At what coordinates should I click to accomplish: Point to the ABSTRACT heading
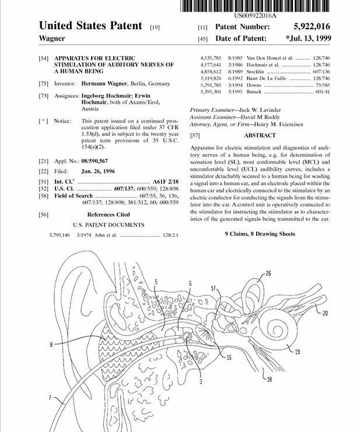pos(261,135)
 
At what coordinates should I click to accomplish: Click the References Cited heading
pos(109,215)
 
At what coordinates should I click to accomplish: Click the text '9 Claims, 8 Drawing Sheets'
pos(260,234)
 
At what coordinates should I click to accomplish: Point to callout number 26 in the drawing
pos(268,273)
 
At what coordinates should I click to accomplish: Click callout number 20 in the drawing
pos(324,313)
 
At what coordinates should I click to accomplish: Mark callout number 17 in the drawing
pos(214,288)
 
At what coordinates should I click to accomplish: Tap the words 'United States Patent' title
pos(90,26)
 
